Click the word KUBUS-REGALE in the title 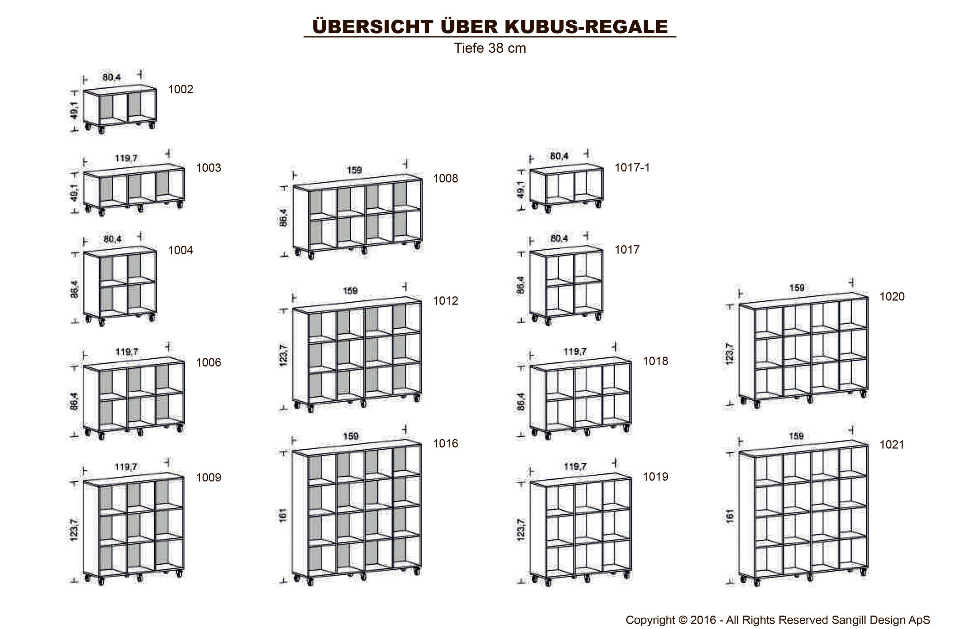tap(586, 26)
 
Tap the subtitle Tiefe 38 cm tap(490, 48)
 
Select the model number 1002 tap(181, 90)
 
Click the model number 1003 tap(208, 168)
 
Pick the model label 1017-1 tap(632, 168)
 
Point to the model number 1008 tap(446, 179)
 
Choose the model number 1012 tap(446, 301)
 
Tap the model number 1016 tap(446, 443)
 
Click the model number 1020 tap(892, 297)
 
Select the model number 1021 tap(892, 445)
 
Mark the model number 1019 tap(655, 477)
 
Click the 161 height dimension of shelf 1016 tap(283, 515)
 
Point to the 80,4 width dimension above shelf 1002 tap(111, 77)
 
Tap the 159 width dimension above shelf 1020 tap(797, 288)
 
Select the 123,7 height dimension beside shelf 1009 tap(73, 530)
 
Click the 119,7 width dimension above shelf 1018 tap(575, 351)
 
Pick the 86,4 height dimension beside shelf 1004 tap(74, 289)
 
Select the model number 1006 tap(208, 363)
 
